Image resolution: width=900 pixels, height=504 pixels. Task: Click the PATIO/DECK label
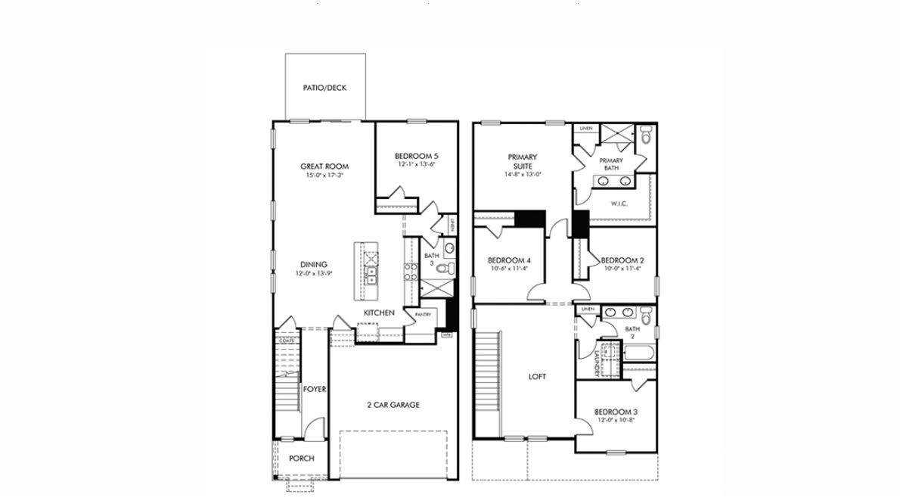click(324, 88)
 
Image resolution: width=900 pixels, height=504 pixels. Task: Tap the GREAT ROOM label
click(324, 166)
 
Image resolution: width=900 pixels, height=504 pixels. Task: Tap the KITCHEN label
click(379, 313)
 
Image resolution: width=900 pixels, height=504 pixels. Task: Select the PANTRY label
click(422, 314)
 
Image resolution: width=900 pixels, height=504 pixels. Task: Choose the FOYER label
click(315, 389)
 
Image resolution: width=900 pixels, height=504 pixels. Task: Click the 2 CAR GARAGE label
click(393, 405)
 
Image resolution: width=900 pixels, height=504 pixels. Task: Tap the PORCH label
click(302, 459)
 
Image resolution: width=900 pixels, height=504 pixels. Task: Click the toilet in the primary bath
click(645, 136)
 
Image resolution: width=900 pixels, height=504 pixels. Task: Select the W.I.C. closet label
click(620, 204)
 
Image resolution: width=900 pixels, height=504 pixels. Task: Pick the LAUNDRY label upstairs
click(597, 361)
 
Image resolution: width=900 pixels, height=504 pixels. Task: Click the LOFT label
click(537, 376)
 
